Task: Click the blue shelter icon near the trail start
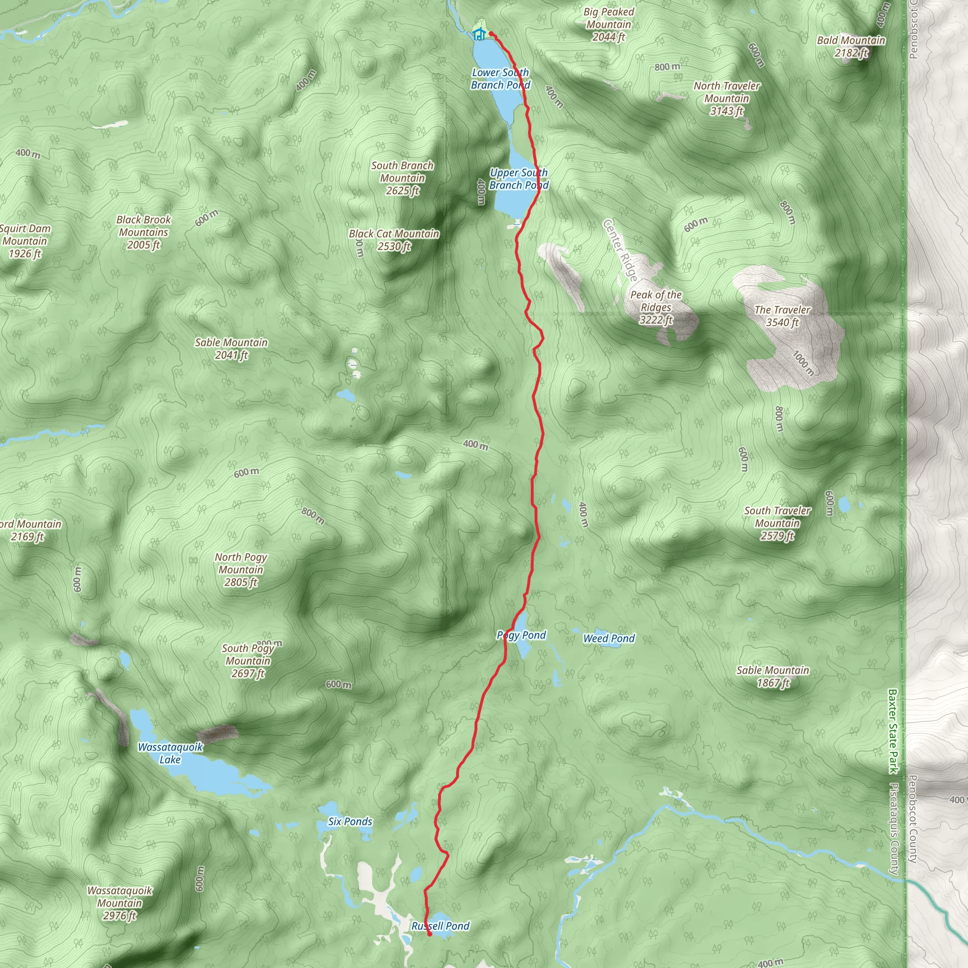pyautogui.click(x=479, y=35)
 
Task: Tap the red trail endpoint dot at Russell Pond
pyautogui.click(x=429, y=934)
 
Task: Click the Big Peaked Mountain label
pyautogui.click(x=608, y=24)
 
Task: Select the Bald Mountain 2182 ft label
pyautogui.click(x=851, y=47)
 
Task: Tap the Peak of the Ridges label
pyautogui.click(x=656, y=307)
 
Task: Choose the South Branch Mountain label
pyautogui.click(x=402, y=178)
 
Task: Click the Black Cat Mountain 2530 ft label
pyautogui.click(x=394, y=240)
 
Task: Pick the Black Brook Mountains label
pyautogui.click(x=143, y=232)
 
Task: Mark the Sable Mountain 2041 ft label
pyautogui.click(x=231, y=348)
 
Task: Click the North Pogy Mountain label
pyautogui.click(x=241, y=569)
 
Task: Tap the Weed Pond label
pyautogui.click(x=608, y=638)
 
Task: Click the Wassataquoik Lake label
pyautogui.click(x=170, y=753)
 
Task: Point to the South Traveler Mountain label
pyautogui.click(x=777, y=523)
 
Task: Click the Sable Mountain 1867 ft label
pyautogui.click(x=772, y=676)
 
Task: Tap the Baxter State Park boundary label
pyautogui.click(x=892, y=732)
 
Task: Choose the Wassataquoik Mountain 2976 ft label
pyautogui.click(x=119, y=903)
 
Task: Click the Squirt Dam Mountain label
pyautogui.click(x=24, y=241)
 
